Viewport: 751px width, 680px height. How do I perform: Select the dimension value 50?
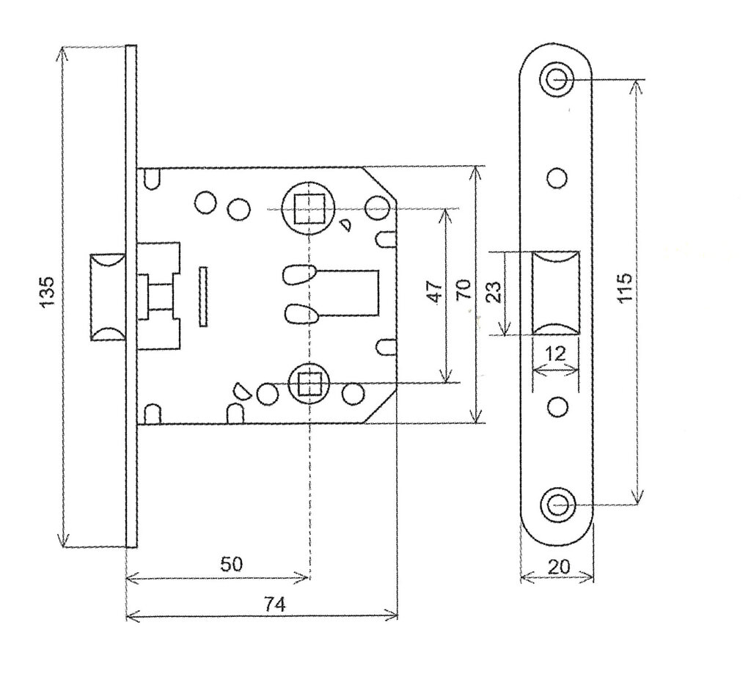pyautogui.click(x=232, y=564)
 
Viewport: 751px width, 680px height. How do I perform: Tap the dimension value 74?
pyautogui.click(x=274, y=604)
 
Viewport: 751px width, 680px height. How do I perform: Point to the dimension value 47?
pyautogui.click(x=435, y=292)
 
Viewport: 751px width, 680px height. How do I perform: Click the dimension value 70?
pyautogui.click(x=463, y=292)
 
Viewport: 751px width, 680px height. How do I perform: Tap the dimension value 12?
pyautogui.click(x=555, y=354)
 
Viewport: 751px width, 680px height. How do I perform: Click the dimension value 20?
pyautogui.click(x=557, y=566)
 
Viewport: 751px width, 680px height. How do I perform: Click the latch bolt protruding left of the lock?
pyautogui.click(x=109, y=297)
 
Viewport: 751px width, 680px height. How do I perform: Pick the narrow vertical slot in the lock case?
pyautogui.click(x=203, y=296)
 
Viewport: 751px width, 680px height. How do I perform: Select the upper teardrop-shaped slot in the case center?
pyautogui.click(x=299, y=274)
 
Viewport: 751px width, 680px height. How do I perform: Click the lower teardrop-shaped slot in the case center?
pyautogui.click(x=299, y=313)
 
